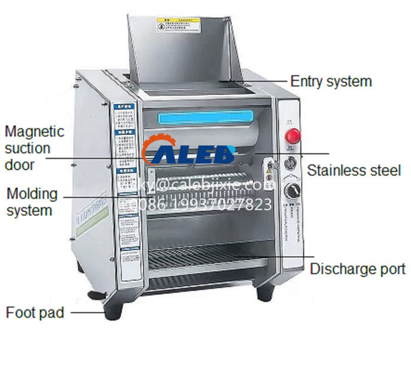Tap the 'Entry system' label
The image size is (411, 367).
[331, 81]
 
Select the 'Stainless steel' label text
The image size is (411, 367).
[354, 171]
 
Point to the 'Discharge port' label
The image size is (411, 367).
[358, 269]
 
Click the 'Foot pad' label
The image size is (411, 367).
[35, 312]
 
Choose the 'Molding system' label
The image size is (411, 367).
[32, 201]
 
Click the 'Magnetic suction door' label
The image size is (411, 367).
[35, 148]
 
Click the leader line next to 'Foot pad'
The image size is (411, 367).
[87, 312]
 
